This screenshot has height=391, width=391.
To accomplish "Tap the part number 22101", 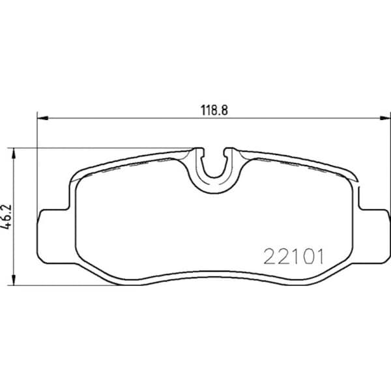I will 293,256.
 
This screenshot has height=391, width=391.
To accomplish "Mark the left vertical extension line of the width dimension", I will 37,163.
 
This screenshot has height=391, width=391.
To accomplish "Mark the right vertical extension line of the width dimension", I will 383,163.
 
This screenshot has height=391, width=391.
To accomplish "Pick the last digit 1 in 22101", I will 319,256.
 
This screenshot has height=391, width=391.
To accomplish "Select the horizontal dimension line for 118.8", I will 130,118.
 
